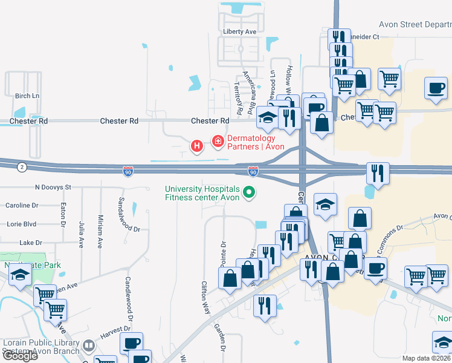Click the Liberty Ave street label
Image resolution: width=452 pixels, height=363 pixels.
(x=240, y=31)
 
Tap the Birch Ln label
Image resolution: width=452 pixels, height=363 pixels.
(x=27, y=96)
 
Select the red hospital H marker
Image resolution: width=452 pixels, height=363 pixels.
(x=196, y=146)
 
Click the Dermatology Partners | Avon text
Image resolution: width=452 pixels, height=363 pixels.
(x=256, y=142)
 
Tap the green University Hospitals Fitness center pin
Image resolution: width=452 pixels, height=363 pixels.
(x=248, y=194)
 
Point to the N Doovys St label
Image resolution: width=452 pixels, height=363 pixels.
(x=53, y=188)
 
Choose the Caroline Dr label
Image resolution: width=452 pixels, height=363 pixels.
(x=22, y=206)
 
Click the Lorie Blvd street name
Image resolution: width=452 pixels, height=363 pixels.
(x=21, y=224)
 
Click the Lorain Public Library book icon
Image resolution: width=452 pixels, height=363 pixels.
(x=89, y=345)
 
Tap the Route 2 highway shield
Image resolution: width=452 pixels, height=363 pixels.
(x=22, y=167)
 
